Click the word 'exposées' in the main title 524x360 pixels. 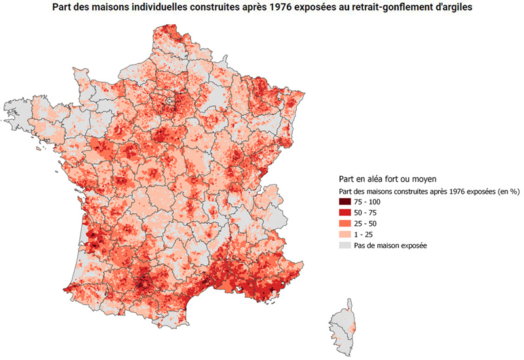pos(317,8)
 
